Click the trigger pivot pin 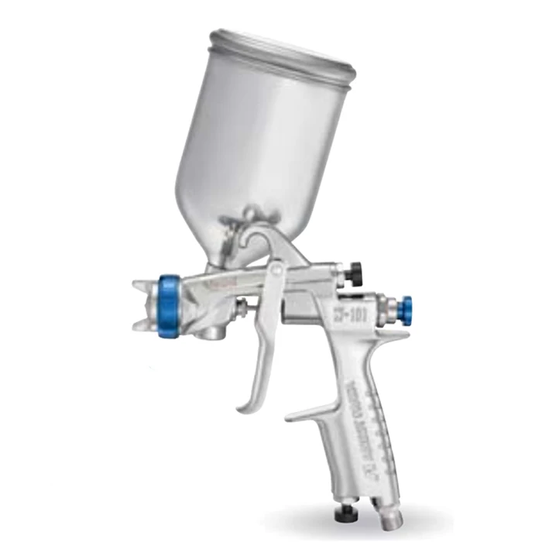click(x=276, y=268)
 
